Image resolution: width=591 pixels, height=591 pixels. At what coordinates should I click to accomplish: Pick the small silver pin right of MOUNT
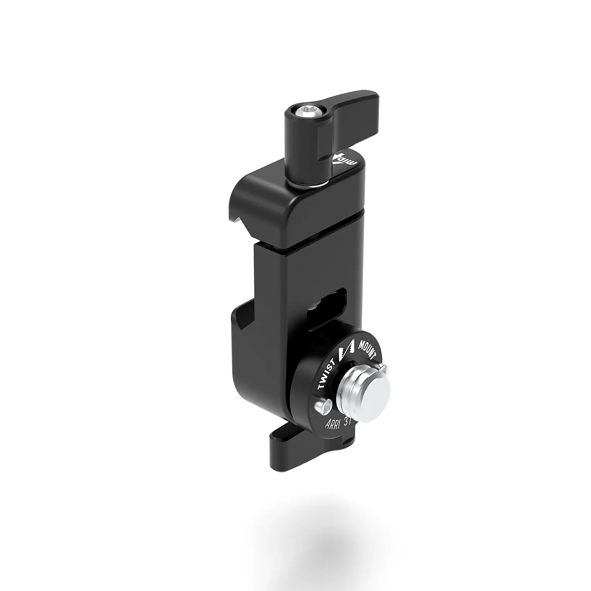(x=385, y=368)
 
